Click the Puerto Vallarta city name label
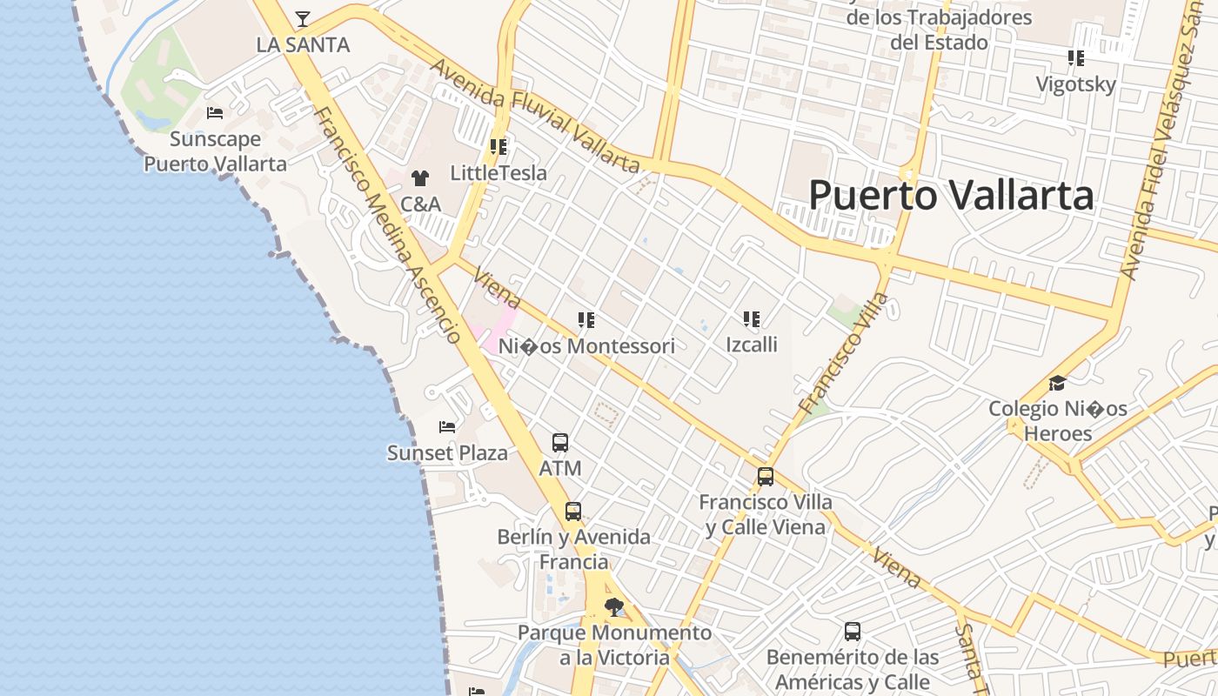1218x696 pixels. (951, 195)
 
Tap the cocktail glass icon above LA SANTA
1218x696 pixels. (302, 18)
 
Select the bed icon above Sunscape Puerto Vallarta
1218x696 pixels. (215, 113)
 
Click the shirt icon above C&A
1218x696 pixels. (420, 178)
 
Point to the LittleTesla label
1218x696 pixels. (499, 173)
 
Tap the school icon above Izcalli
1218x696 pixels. (752, 319)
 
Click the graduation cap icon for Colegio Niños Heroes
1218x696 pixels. (1057, 384)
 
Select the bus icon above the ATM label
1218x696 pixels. (560, 443)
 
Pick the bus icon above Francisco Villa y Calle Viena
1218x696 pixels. (766, 477)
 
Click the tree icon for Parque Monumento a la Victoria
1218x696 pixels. (614, 606)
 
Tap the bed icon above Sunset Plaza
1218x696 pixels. (447, 427)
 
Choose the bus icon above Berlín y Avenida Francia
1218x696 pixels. (572, 512)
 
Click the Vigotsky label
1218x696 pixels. (1075, 84)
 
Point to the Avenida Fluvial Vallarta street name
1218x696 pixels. (535, 116)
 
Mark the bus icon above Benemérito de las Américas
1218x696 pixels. (853, 632)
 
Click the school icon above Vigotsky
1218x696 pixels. (1076, 58)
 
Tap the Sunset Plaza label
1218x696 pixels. (447, 453)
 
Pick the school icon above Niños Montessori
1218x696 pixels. (586, 320)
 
